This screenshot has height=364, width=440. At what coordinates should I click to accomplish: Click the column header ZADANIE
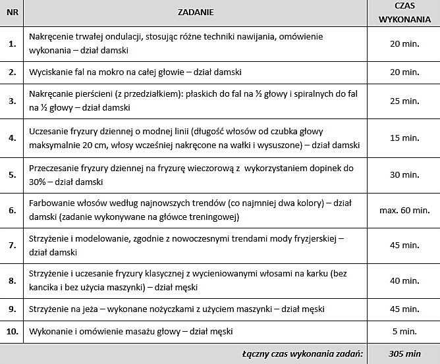[x=196, y=12]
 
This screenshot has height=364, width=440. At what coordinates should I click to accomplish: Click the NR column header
[x=12, y=12]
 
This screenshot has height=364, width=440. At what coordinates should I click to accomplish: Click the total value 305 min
[x=404, y=354]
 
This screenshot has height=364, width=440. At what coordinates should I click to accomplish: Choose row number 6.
[x=12, y=211]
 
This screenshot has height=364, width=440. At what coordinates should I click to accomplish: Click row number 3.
[x=12, y=101]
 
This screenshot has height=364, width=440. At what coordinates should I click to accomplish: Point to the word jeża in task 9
[x=96, y=308]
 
